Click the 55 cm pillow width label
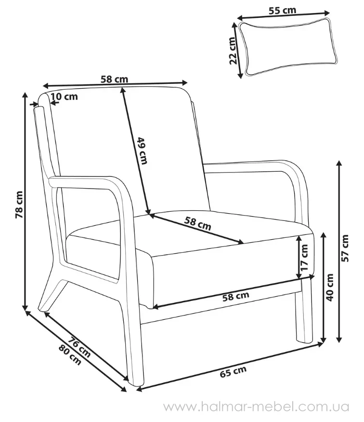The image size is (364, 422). (x=282, y=10)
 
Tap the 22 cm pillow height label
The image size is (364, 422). (x=233, y=50)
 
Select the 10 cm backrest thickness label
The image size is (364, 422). (x=64, y=96)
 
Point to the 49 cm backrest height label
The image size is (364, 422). (x=143, y=150)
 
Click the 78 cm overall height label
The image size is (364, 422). (x=19, y=204)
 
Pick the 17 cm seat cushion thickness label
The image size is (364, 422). (x=305, y=258)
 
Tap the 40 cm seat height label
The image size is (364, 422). (x=330, y=287)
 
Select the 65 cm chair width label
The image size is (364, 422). (x=233, y=372)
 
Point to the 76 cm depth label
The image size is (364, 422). (x=79, y=347)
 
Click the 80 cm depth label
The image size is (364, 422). (x=70, y=355)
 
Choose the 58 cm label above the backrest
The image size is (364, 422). (x=115, y=79)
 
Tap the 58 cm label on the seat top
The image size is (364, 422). (x=198, y=224)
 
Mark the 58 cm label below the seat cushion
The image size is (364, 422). (x=236, y=296)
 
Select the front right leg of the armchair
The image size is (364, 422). (x=305, y=310)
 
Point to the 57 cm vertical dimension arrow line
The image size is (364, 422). (x=339, y=251)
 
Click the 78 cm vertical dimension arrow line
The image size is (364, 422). (x=26, y=201)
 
